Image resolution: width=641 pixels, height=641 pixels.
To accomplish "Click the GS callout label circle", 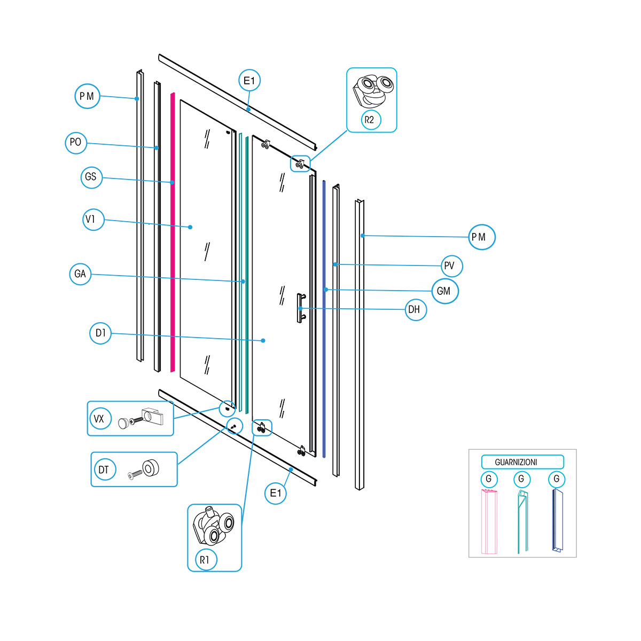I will pos(91,177).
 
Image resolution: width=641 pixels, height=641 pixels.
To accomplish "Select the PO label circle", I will pos(76,143).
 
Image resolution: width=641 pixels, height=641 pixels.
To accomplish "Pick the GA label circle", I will pos(80,274).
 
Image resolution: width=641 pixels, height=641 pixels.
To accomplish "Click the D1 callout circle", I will pos(100,333).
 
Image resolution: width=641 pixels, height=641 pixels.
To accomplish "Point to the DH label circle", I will pos(416,309).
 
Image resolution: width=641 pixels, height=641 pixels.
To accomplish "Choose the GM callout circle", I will pos(444,291).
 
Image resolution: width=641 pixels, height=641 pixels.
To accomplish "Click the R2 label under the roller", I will pos(370,120).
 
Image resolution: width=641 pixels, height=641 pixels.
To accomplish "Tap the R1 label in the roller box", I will pos(205,560).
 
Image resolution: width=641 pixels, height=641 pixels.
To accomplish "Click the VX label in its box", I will pos(99,419).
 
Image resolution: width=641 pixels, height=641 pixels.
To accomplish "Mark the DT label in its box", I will pos(104,470).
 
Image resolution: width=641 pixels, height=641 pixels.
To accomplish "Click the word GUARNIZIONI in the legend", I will pos(517,462).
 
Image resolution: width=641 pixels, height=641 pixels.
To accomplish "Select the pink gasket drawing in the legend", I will pos(489,521).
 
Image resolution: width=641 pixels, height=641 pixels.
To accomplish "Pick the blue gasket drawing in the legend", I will pos(557,521).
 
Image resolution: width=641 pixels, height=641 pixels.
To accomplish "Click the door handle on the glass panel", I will pos(300,308).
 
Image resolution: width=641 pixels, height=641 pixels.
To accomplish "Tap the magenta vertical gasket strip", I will pos(173,235).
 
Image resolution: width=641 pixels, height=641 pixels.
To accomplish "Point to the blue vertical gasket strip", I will pos(324,320).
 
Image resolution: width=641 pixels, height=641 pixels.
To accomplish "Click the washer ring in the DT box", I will pos(151,467).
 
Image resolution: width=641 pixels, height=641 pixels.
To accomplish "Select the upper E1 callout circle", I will pos(249,81).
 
